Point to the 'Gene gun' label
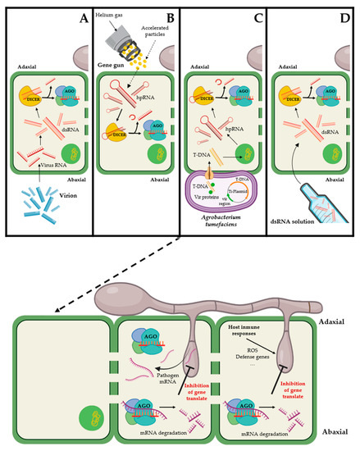pyautogui.click(x=112, y=49)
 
